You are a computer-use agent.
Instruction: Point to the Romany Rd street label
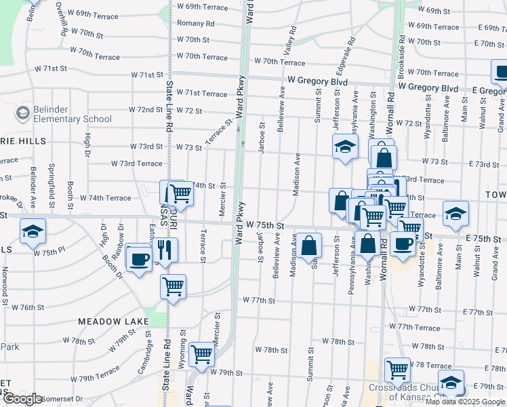[x=196, y=23]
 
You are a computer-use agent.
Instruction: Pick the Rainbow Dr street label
[x=118, y=241]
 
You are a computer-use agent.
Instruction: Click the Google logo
[x=22, y=399]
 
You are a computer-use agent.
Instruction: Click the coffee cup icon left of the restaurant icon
[x=140, y=259]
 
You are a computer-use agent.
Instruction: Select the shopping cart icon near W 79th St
[x=201, y=353]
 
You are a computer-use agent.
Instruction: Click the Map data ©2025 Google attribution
[x=465, y=401]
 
